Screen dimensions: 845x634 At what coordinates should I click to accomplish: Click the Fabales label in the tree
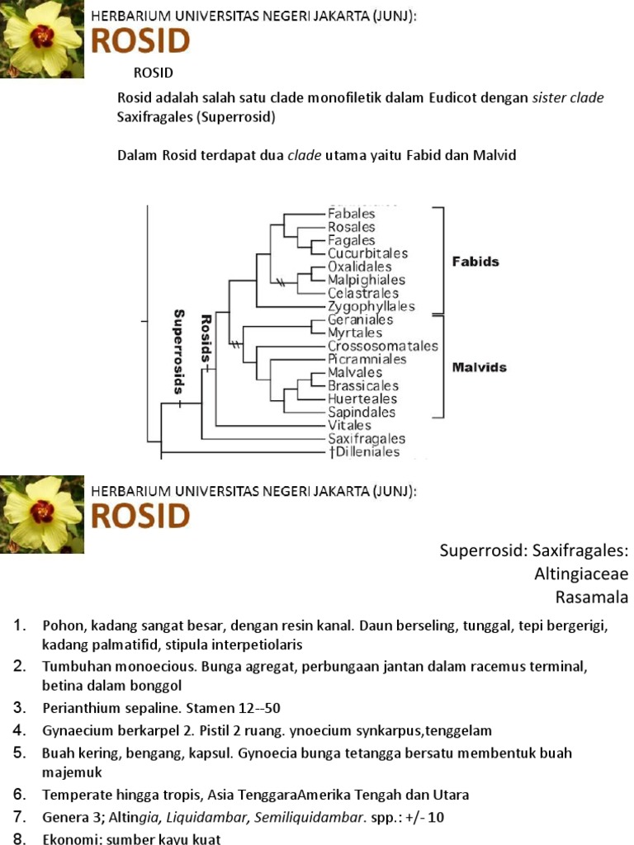[351, 214]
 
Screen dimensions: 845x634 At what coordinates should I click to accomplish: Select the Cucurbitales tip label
[367, 253]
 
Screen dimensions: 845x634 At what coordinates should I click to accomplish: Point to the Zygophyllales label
[371, 306]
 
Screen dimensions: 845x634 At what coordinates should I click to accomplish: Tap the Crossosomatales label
[382, 346]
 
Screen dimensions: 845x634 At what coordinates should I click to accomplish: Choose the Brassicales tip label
[362, 385]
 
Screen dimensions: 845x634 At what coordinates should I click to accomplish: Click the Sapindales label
[361, 412]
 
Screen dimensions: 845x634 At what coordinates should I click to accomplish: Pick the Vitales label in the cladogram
[349, 425]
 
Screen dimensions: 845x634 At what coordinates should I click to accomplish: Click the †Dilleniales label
[363, 451]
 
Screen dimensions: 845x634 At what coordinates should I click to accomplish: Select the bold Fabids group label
[475, 262]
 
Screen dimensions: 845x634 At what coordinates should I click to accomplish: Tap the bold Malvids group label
[479, 367]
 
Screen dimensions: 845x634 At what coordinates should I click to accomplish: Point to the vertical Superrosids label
[178, 350]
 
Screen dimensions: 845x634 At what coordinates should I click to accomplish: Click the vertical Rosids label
[206, 338]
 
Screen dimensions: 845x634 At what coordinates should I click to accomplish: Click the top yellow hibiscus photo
[42, 38]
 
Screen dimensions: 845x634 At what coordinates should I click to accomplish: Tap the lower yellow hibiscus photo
[42, 514]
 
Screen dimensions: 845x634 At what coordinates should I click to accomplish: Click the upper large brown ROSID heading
[140, 41]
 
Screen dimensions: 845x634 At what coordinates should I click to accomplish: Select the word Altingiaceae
[580, 574]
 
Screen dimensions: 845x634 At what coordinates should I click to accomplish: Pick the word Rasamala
[592, 597]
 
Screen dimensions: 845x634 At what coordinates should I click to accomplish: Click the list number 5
[20, 753]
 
